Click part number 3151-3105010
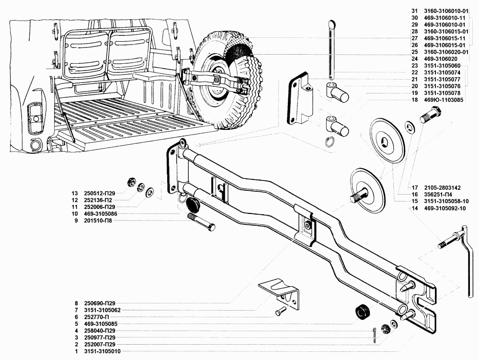pyautogui.click(x=103, y=351)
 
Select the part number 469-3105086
pyautogui.click(x=101, y=214)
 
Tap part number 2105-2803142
pyautogui.click(x=442, y=187)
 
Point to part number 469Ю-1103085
pyautogui.click(x=444, y=100)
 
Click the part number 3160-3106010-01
pyautogui.click(x=446, y=11)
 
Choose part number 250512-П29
pyautogui.click(x=100, y=194)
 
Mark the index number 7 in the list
pyautogui.click(x=76, y=310)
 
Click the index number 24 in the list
pyautogui.click(x=414, y=59)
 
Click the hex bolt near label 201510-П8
pyautogui.click(x=202, y=222)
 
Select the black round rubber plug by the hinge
pyautogui.click(x=193, y=203)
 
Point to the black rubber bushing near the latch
pyautogui.click(x=363, y=312)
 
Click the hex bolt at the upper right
pyautogui.click(x=431, y=115)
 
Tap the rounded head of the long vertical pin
pyautogui.click(x=332, y=23)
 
